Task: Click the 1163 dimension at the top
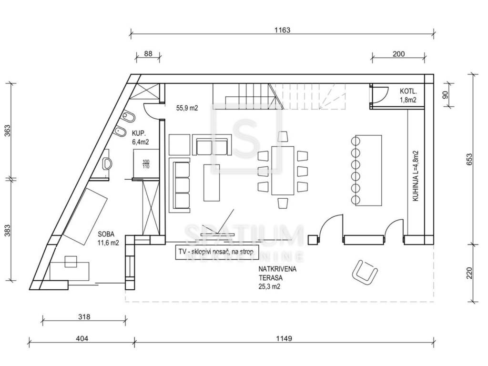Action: (282, 30)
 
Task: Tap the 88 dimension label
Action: (148, 54)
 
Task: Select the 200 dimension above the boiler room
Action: (398, 54)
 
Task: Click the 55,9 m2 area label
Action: (187, 108)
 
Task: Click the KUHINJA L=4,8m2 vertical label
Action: (416, 176)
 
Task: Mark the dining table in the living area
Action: (283, 170)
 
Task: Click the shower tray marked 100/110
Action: (146, 163)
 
